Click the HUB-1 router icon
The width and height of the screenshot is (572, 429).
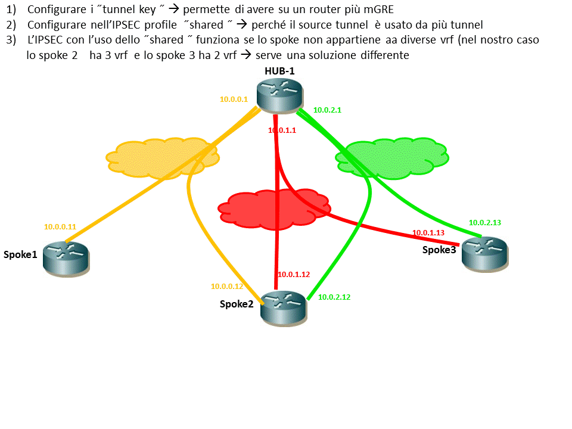(x=280, y=95)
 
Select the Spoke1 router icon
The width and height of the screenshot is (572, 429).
(x=66, y=259)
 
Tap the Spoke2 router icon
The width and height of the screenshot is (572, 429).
(x=284, y=306)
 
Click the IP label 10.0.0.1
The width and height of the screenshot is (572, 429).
(x=234, y=100)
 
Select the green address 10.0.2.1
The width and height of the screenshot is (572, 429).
(x=327, y=110)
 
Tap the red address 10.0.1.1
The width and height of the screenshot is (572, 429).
(x=282, y=130)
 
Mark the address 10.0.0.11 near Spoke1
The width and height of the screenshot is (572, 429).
(x=60, y=227)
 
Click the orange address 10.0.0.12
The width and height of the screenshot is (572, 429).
(x=226, y=286)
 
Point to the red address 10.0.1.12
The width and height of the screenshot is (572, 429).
(x=294, y=275)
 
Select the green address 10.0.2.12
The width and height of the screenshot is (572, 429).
(x=334, y=297)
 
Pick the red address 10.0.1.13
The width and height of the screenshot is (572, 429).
(x=428, y=232)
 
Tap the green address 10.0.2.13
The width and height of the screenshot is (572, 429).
(x=485, y=222)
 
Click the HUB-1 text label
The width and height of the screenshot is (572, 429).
(x=280, y=71)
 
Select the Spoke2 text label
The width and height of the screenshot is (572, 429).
(x=237, y=304)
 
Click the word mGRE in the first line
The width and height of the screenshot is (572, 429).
(x=375, y=10)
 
